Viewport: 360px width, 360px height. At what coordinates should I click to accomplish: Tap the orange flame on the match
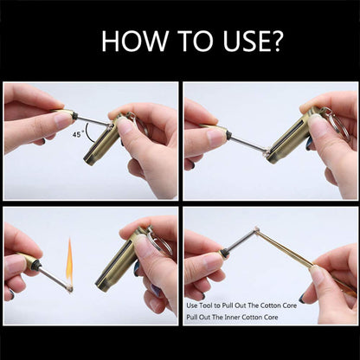point(69,257)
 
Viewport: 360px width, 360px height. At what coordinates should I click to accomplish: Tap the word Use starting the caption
point(194,305)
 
